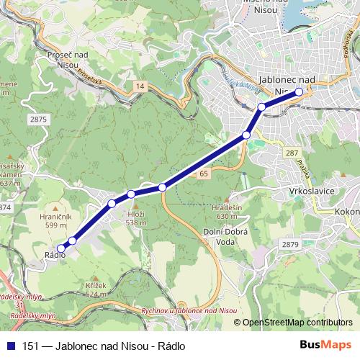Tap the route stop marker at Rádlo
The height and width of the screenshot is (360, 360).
click(x=60, y=248)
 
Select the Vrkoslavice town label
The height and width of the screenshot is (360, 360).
click(x=289, y=192)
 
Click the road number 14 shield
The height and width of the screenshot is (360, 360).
click(x=139, y=86)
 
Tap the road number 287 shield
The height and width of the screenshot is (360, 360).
click(x=291, y=153)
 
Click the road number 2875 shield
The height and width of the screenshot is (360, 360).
click(x=39, y=119)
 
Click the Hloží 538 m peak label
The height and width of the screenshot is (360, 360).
click(x=136, y=218)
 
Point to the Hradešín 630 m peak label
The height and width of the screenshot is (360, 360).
click(x=225, y=211)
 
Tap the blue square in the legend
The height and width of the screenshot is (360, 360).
click(x=10, y=346)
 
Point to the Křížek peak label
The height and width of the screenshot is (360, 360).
click(x=96, y=289)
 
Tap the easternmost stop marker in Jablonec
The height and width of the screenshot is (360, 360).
click(x=299, y=91)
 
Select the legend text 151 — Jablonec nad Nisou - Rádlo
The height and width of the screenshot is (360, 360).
click(x=104, y=346)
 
